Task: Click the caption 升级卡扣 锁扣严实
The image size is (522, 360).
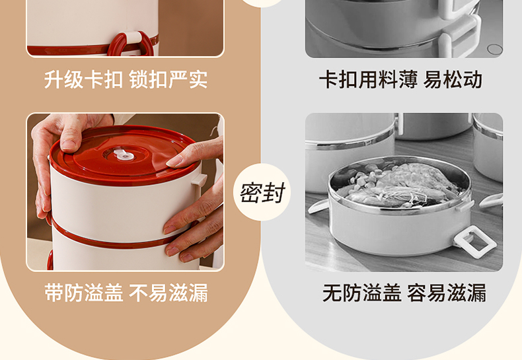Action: coord(126,79)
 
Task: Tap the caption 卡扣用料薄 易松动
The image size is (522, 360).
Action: coord(401,79)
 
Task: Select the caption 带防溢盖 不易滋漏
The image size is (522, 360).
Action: coord(126,293)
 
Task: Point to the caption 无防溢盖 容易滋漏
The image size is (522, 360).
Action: coord(404,293)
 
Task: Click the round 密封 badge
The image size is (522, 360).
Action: coord(262,192)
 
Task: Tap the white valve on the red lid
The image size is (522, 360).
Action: coord(124,155)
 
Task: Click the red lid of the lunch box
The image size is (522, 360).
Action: coord(125,155)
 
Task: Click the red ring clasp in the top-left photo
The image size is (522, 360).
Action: coord(131,44)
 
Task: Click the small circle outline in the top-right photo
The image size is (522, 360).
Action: coord(495,50)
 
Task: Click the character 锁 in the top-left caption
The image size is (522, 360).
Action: coord(138,79)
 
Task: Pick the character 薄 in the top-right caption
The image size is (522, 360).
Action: coord(407,79)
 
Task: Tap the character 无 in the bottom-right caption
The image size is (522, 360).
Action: coord(332,293)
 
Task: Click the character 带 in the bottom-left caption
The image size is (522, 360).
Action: coord(54,293)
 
